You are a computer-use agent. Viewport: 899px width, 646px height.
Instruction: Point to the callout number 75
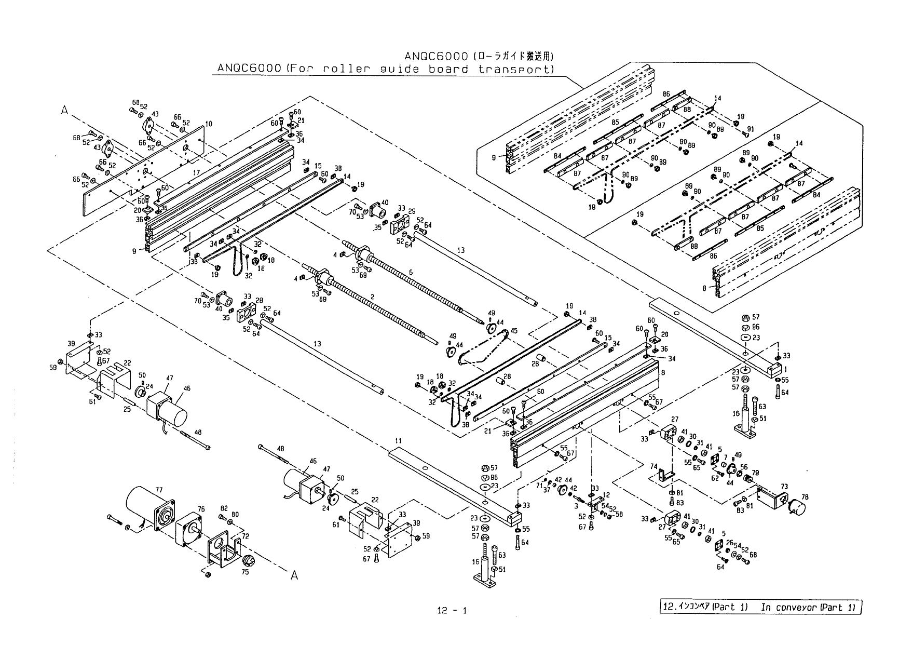coord(245,572)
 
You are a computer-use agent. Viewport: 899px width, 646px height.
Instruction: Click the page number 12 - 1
coord(452,610)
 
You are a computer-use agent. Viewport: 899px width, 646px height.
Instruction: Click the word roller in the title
coord(343,69)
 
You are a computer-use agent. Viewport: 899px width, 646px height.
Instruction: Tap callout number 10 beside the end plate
coord(209,124)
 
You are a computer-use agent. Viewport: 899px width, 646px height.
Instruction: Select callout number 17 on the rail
coord(196,172)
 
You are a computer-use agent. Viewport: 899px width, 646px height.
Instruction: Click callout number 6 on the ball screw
coord(411,272)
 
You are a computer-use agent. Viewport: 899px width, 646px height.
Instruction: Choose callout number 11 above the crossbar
coord(398,441)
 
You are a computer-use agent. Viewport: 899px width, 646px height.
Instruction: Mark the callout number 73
coord(784,487)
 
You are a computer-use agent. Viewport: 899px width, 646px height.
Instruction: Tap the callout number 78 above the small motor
coord(805,497)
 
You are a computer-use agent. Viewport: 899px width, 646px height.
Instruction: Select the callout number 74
coord(653,466)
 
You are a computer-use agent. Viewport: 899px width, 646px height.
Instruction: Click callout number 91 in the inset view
coord(751,129)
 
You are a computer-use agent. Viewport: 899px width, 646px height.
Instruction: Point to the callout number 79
coord(755,473)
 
